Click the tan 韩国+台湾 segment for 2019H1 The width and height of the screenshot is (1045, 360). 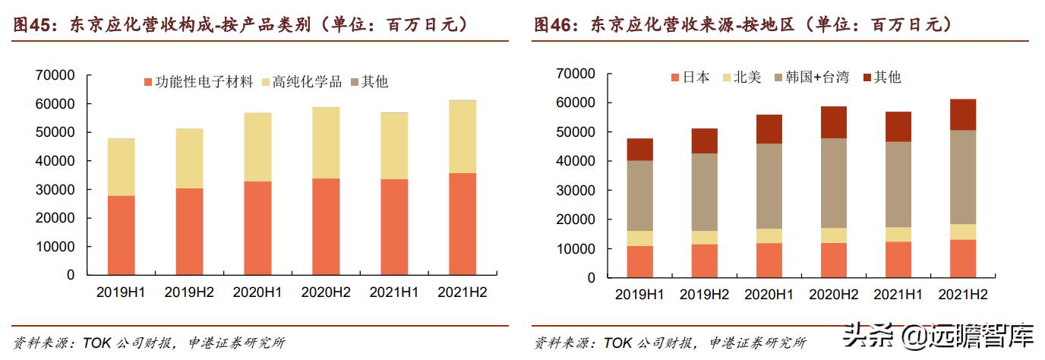point(639,195)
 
